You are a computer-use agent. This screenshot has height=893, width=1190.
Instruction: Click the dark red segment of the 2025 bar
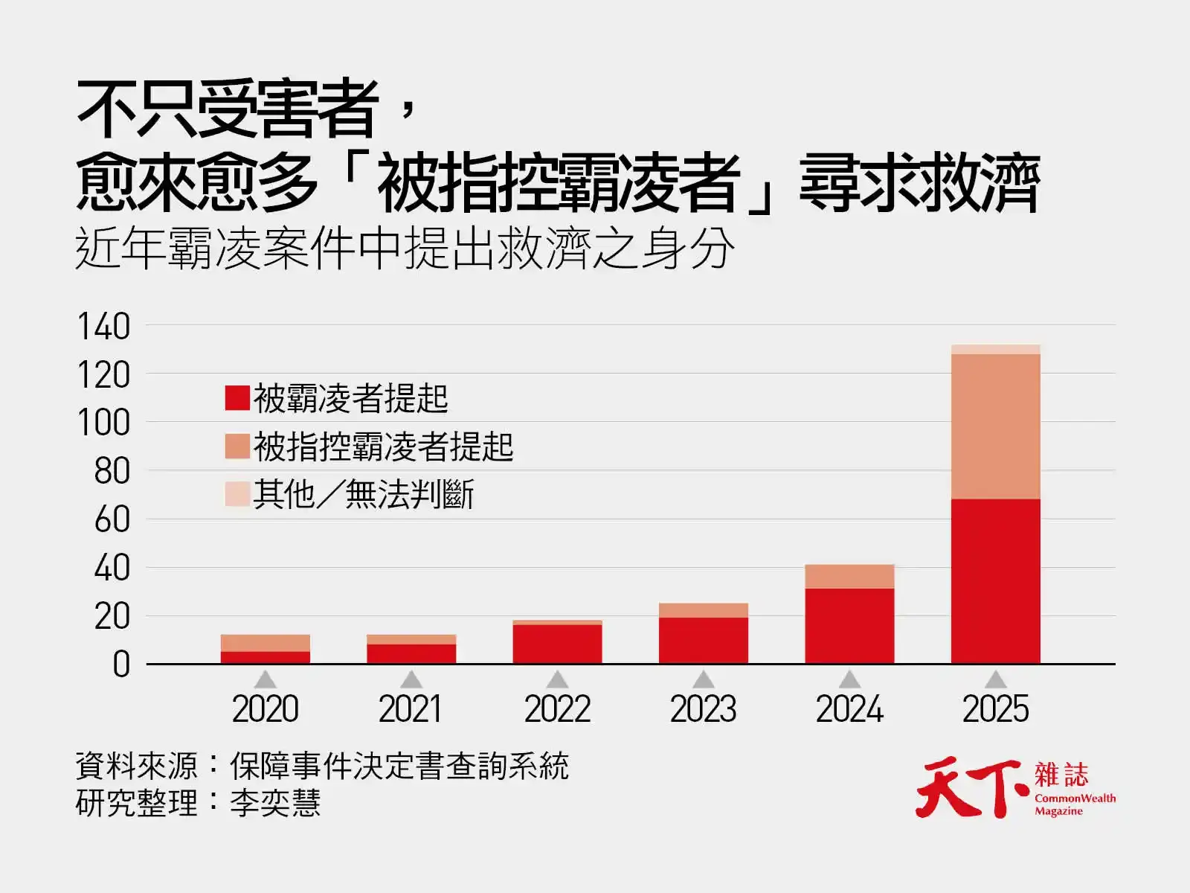(x=995, y=580)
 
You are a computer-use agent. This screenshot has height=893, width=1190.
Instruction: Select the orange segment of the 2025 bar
(x=995, y=426)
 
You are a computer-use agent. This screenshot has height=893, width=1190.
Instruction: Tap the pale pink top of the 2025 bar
(x=995, y=349)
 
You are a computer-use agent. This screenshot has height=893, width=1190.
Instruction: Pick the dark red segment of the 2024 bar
(x=849, y=626)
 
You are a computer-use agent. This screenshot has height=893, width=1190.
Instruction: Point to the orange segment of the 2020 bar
(x=265, y=643)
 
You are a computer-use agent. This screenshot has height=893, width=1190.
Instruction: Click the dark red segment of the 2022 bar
(x=557, y=644)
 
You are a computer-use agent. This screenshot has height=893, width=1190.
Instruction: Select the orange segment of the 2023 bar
(x=703, y=610)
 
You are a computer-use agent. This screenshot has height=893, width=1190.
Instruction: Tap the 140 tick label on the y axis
(x=103, y=327)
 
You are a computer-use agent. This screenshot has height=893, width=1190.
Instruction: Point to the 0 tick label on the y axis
(x=121, y=665)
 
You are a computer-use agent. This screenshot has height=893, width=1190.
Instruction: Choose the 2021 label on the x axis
(x=411, y=708)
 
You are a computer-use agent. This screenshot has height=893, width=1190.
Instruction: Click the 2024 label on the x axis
(x=849, y=708)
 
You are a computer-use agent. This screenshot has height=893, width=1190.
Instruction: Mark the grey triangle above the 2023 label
(x=703, y=680)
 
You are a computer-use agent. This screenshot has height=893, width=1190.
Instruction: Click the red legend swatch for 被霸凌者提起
(x=237, y=397)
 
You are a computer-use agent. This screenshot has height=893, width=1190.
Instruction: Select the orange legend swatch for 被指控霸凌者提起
(x=237, y=446)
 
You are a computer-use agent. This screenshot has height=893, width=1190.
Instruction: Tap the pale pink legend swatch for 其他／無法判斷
(x=237, y=494)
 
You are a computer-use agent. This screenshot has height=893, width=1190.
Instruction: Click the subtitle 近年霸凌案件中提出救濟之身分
(x=405, y=249)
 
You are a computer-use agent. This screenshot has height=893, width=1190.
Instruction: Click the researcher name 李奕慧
(x=275, y=803)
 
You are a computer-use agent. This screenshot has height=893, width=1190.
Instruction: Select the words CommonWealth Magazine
(x=1075, y=804)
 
